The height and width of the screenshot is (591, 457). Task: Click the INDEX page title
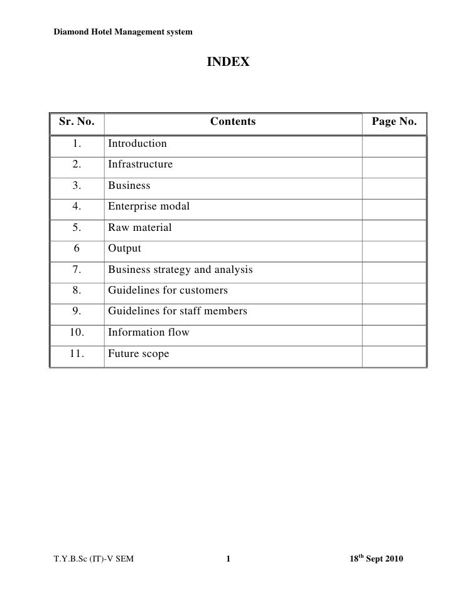point(228,62)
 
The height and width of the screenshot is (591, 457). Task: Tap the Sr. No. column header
point(77,122)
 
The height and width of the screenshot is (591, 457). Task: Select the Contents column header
point(233,122)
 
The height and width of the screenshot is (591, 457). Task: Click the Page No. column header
point(394,122)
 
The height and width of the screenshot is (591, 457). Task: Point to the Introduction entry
point(137,144)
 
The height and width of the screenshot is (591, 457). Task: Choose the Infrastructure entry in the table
point(140,165)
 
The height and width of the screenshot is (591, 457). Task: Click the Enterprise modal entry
point(149,206)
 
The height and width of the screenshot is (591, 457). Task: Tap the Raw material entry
point(139,228)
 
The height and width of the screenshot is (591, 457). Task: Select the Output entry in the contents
point(124,248)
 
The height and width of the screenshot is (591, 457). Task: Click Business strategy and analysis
point(180,270)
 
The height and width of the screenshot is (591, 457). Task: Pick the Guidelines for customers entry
point(168,290)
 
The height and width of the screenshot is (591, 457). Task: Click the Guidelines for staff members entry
point(178,311)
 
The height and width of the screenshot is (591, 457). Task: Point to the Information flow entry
point(148,333)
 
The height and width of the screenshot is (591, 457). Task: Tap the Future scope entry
point(138,354)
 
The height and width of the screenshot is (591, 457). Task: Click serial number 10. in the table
point(77,333)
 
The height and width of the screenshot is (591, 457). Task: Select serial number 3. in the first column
point(77,186)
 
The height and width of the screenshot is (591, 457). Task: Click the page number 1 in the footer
point(228,559)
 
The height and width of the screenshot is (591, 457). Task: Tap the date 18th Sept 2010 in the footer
point(377,558)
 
